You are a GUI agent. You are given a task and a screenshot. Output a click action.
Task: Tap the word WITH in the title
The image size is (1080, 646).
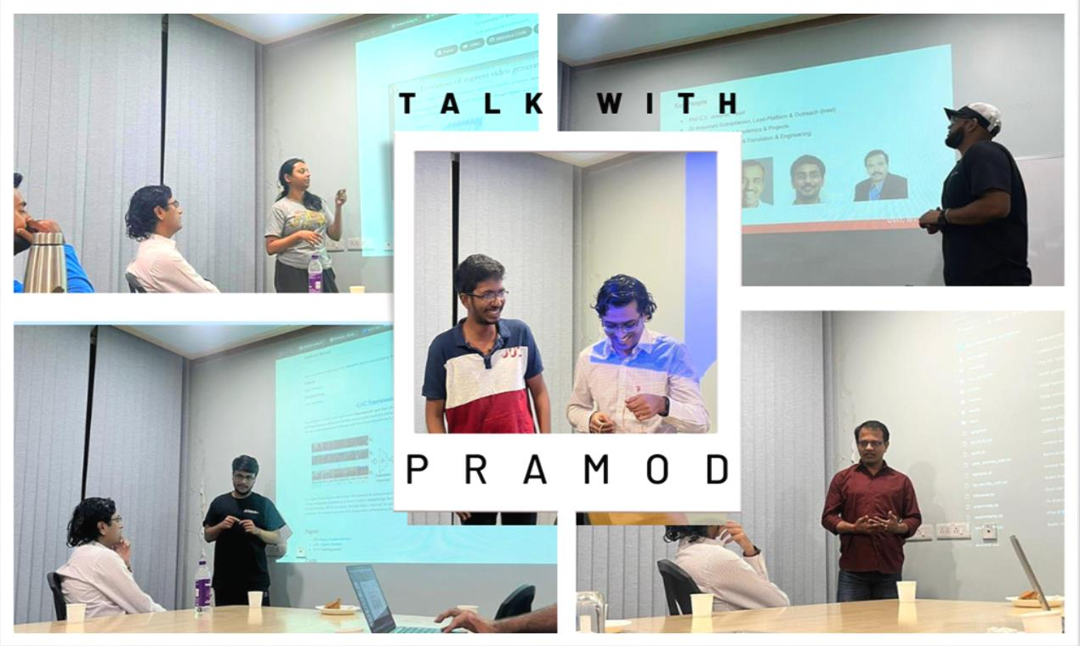[x=668, y=104]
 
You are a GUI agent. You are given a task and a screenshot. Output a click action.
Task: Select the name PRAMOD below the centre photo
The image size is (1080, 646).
[x=567, y=469]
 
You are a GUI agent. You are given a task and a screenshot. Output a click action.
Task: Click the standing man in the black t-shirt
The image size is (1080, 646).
[x=244, y=531]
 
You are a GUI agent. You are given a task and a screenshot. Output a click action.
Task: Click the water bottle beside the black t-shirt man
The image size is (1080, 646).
[x=202, y=586]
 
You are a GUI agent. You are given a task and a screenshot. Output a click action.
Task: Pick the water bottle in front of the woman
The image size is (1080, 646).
[x=315, y=275]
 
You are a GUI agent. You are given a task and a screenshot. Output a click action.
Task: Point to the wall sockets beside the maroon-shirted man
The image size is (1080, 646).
[x=952, y=530]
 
